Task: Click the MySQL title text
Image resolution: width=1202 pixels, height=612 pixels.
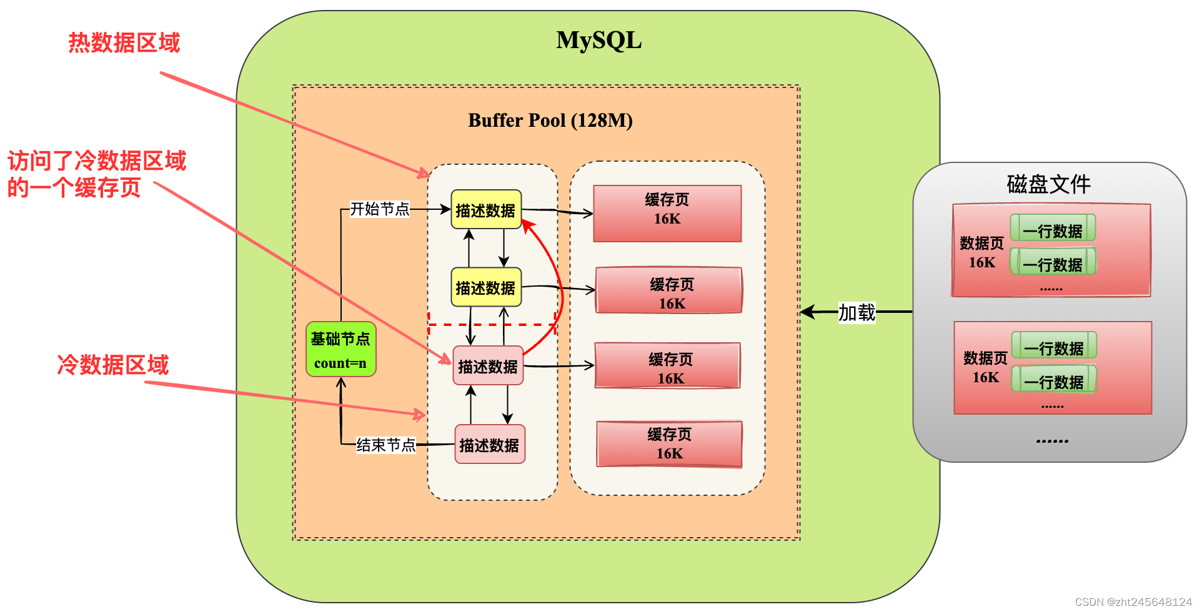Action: point(599,41)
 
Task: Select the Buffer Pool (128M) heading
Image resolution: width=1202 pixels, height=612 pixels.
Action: point(550,120)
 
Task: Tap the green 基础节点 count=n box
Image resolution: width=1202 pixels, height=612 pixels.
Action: point(340,350)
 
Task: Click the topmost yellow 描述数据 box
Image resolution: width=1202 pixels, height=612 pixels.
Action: point(485,210)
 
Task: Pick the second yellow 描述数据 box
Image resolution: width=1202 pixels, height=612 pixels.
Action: point(485,287)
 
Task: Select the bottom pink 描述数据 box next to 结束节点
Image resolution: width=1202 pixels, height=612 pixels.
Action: point(489,445)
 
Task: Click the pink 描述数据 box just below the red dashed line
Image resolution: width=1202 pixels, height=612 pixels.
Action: point(488,366)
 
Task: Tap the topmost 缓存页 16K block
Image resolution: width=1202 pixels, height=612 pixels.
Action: point(667,213)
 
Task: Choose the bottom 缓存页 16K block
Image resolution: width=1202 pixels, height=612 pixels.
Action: point(669,444)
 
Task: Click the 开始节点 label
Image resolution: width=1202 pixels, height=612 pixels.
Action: point(379,209)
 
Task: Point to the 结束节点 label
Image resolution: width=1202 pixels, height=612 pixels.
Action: point(385,445)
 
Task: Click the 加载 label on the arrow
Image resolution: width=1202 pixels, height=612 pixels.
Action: point(857,312)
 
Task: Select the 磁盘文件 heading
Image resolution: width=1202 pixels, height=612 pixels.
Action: point(1048,184)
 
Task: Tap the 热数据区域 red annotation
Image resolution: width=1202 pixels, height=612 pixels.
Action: point(124,42)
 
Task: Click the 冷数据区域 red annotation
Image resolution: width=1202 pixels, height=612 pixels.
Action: point(113,365)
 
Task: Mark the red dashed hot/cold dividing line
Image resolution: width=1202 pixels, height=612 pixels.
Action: point(492,325)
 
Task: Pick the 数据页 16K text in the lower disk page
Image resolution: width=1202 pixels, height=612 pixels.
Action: point(985,367)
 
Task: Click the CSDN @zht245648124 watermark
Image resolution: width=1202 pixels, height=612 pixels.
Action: point(1133,601)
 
